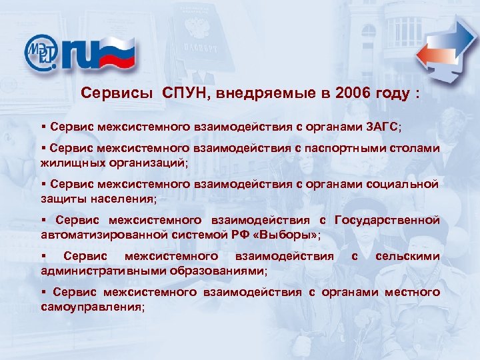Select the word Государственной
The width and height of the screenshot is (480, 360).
click(x=387, y=221)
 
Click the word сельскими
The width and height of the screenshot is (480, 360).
click(x=407, y=257)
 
